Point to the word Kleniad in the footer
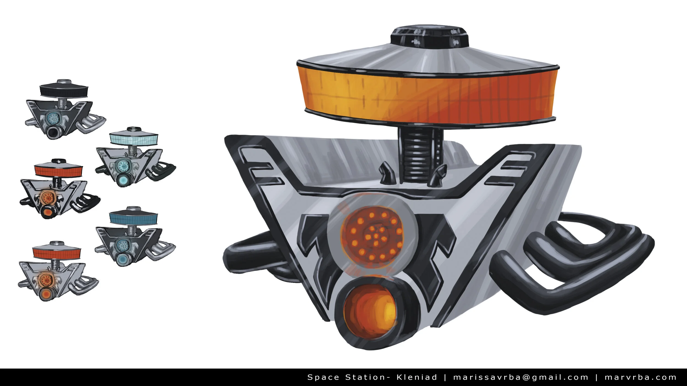click(x=417, y=377)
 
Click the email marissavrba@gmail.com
click(x=521, y=377)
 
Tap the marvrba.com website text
click(x=641, y=377)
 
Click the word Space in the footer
click(x=323, y=378)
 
